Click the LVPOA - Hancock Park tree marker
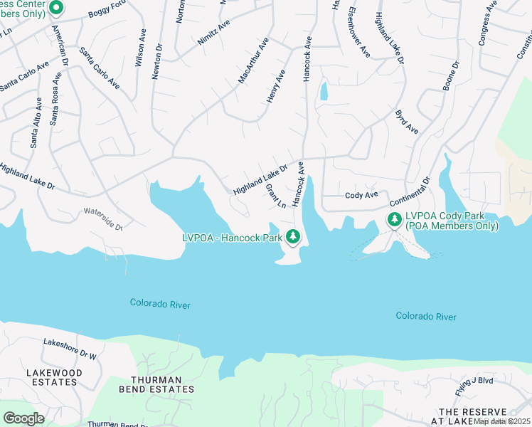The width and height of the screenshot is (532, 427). (292, 236)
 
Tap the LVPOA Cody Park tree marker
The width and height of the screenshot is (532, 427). (394, 220)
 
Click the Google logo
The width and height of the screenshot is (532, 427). (24, 418)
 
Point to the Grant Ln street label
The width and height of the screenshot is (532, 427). (275, 196)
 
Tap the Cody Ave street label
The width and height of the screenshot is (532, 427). (361, 195)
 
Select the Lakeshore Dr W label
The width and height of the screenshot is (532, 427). (69, 348)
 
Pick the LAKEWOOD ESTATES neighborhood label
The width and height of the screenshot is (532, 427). (54, 377)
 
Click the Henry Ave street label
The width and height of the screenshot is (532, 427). (276, 86)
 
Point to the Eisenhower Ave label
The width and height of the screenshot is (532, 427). (359, 33)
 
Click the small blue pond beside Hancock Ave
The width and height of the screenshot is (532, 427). (324, 91)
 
